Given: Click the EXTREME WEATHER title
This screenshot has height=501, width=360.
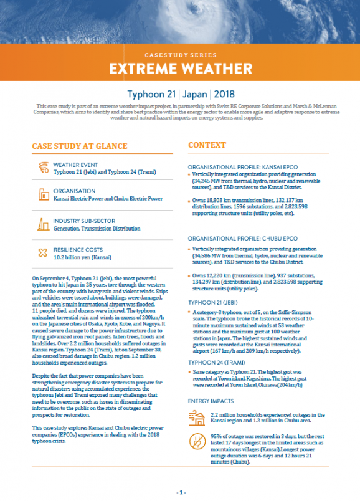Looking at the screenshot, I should click(179, 67).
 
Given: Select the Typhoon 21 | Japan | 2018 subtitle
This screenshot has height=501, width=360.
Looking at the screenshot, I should click(179, 95).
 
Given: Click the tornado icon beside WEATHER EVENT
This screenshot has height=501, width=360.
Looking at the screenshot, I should click(43, 166).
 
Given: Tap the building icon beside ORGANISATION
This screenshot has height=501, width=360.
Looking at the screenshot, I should click(43, 194).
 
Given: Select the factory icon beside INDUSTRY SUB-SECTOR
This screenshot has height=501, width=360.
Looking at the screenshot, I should click(43, 224).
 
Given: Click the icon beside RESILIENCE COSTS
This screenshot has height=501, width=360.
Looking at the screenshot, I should click(43, 252).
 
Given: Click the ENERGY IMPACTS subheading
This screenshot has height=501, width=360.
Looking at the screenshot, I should click(211, 401).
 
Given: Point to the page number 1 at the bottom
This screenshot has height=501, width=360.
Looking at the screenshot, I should click(179, 492).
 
